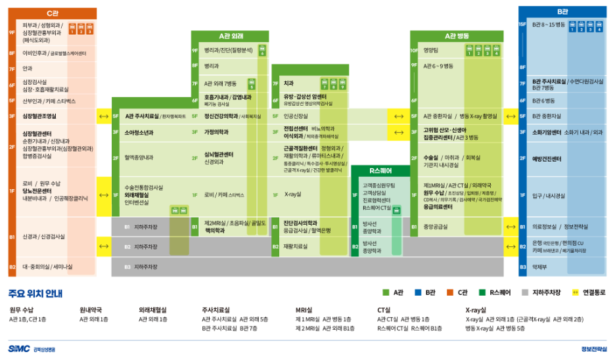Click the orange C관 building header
coord(53,13)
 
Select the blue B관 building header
coord(562,12)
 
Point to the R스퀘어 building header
coord(380,171)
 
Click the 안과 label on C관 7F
coord(28,68)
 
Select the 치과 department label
coord(288,83)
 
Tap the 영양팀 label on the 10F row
coord(430,50)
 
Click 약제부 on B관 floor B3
coord(539,267)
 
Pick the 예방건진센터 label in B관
coord(547,158)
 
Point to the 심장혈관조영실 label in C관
coord(40,116)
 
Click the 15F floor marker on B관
coord(523,24)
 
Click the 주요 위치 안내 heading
coord(35,292)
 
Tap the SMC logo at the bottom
coord(18,349)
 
